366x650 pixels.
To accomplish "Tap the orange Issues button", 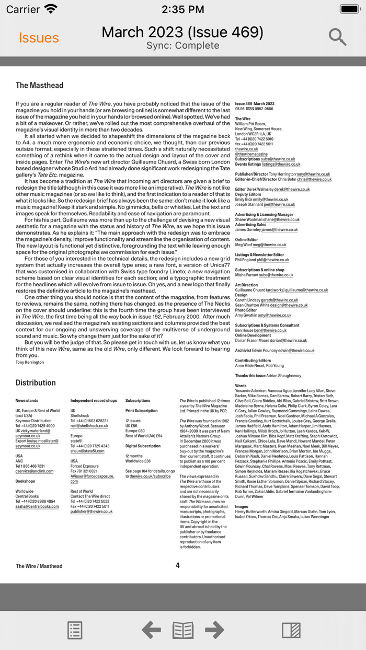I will tap(39, 38).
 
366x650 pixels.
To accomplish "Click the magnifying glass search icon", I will tap(338, 37).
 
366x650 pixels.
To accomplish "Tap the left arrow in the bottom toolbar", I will tap(151, 630).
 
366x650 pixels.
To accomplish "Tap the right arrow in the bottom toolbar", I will tap(214, 630).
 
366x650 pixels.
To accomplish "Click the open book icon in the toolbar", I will tap(183, 630).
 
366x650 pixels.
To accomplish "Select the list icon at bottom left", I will tap(75, 630).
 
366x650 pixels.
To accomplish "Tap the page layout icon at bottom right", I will tap(291, 630).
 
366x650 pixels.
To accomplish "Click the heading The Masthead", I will tap(39, 85).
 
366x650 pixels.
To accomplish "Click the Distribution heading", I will tap(36, 382).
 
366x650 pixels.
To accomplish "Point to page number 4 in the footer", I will tap(178, 565).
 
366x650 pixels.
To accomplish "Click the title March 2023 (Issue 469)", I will tap(182, 32).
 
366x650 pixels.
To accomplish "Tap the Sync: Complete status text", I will tap(182, 46).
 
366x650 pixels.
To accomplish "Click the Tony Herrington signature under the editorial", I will tap(30, 362).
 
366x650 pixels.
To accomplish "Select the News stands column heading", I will tap(27, 401).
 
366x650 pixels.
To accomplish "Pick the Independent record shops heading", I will tap(94, 401).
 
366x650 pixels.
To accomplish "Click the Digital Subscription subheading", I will tap(143, 446).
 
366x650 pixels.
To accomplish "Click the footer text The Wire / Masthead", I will tap(39, 566).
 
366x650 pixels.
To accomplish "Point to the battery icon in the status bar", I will tap(350, 9).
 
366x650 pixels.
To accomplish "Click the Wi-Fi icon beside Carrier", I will tap(51, 9).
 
